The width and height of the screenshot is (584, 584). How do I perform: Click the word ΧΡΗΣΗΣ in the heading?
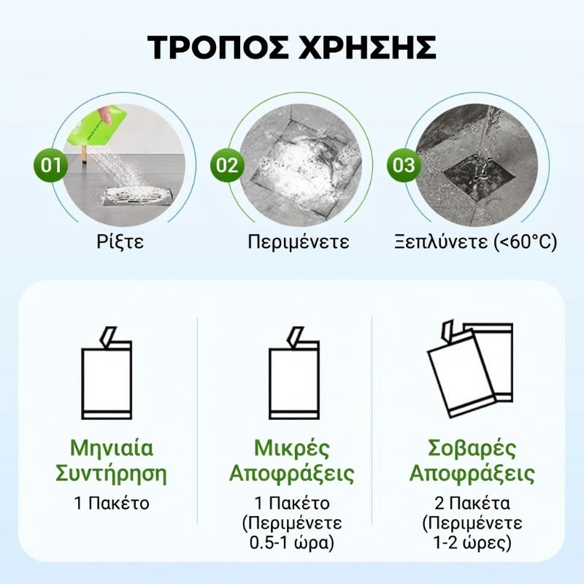pyautogui.click(x=367, y=47)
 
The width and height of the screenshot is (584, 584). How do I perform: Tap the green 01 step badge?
pyautogui.click(x=50, y=165)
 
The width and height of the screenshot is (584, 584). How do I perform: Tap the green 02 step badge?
pyautogui.click(x=227, y=165)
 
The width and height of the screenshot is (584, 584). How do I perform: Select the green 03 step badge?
pyautogui.click(x=404, y=165)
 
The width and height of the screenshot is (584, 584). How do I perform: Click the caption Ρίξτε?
pyautogui.click(x=120, y=242)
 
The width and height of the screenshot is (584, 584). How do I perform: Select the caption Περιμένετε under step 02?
pyautogui.click(x=299, y=242)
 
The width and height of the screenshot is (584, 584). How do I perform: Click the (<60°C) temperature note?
pyautogui.click(x=525, y=242)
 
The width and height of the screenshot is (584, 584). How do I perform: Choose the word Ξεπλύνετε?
pyautogui.click(x=441, y=242)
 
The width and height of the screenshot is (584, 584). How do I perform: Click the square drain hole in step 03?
pyautogui.click(x=479, y=174)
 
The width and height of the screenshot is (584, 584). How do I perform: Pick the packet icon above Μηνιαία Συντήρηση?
pyautogui.click(x=107, y=373)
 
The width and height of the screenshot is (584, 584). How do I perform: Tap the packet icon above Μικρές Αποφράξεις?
pyautogui.click(x=294, y=373)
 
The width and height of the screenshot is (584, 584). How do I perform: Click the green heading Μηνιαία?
pyautogui.click(x=112, y=448)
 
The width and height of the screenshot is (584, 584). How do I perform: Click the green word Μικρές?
pyautogui.click(x=292, y=448)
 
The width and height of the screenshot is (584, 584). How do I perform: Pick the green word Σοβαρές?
pyautogui.click(x=472, y=448)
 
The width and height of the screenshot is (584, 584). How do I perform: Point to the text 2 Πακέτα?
pyautogui.click(x=472, y=504)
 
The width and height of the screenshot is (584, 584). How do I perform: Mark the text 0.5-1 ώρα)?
pyautogui.click(x=292, y=542)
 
